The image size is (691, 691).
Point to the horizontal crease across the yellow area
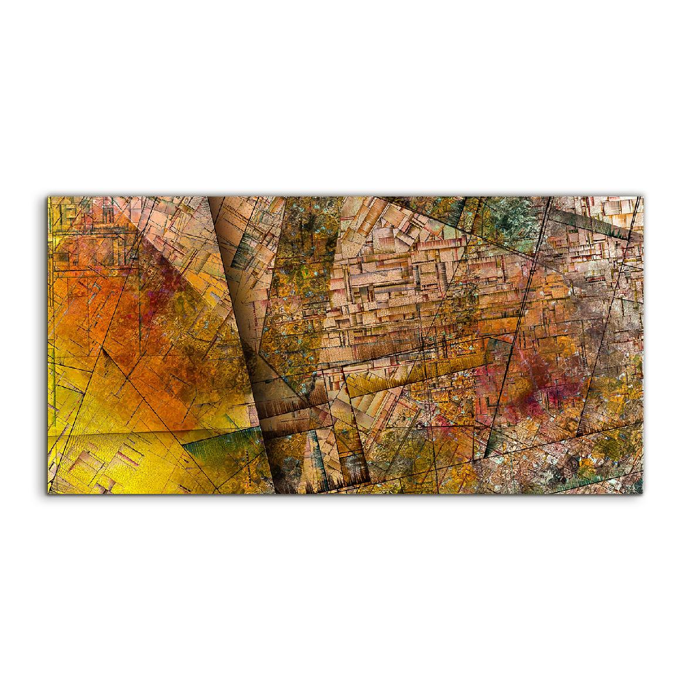coord(147,432)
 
